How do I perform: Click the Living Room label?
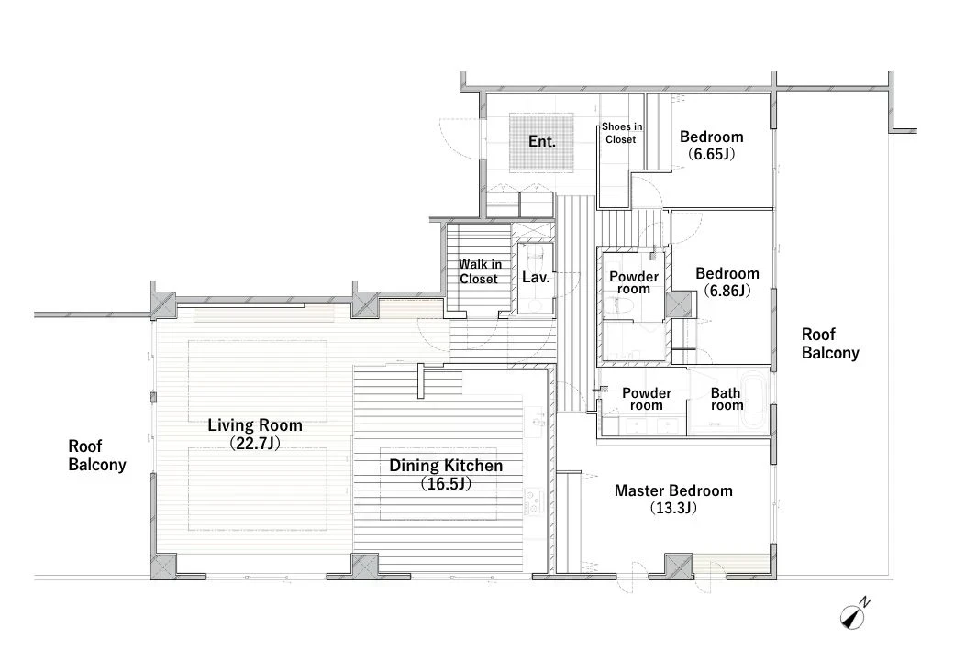pos(255,424)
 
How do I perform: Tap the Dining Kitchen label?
pos(446,466)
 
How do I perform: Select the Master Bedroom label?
pos(673,490)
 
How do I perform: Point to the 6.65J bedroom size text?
pos(711,154)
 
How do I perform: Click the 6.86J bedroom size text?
pos(727,291)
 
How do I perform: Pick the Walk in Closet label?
pos(480,271)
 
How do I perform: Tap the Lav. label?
pos(536,278)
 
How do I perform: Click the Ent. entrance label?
pos(542,141)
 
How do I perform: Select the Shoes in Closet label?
pos(621,133)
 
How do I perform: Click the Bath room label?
pos(727,400)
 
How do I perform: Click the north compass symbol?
pos(855,614)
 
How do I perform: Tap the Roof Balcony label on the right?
pos(830,344)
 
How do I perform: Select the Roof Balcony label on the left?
pos(96,456)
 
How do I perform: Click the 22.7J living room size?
pos(255,443)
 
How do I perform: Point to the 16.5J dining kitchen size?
pos(446,484)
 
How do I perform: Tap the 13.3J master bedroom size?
pos(673,508)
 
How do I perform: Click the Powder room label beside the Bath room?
pos(646,400)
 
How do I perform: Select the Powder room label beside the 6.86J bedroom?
pos(634,282)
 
